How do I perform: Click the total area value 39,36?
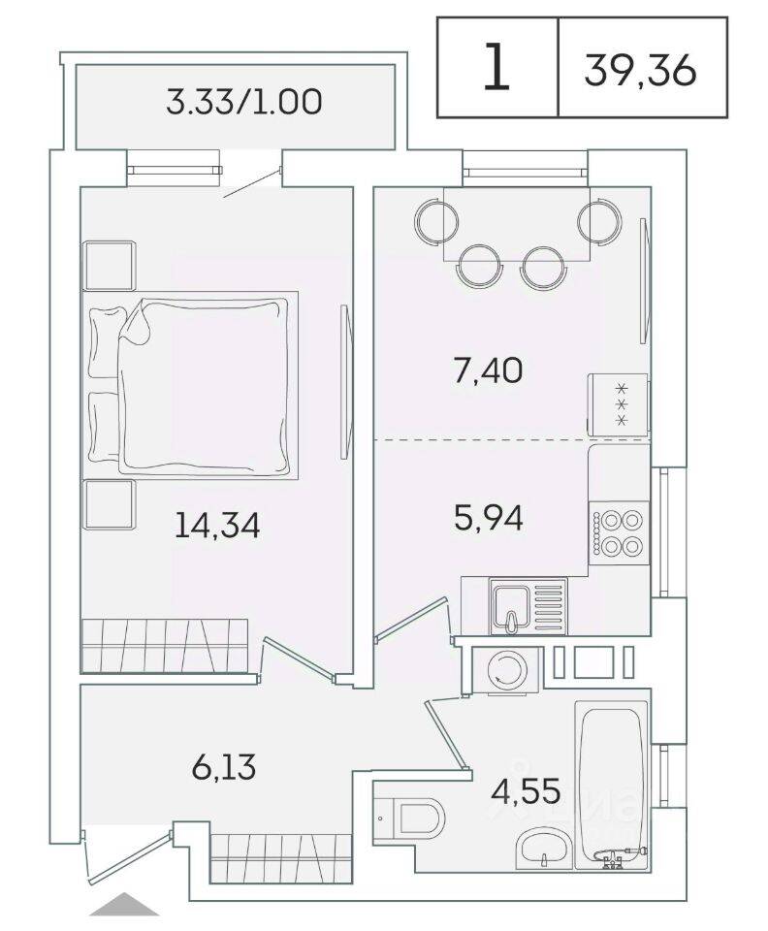pos(641,68)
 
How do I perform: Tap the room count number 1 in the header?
pos(496,68)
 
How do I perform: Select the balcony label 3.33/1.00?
pos(243,102)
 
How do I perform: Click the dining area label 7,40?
pos(489,369)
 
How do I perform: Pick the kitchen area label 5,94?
pos(489,518)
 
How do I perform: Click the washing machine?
pos(504,668)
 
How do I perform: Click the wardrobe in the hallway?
pos(272,853)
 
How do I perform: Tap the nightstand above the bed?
pos(110,265)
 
